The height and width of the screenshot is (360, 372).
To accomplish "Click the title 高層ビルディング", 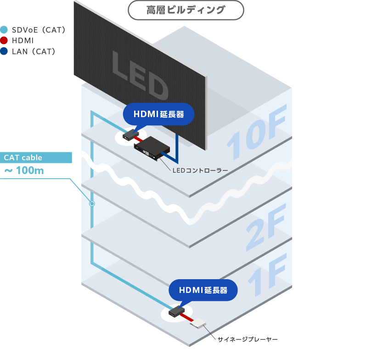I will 186,10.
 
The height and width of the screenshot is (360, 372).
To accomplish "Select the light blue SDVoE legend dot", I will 5,30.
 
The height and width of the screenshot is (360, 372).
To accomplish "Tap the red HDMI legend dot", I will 5,40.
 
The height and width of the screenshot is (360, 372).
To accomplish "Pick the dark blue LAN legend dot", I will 5,51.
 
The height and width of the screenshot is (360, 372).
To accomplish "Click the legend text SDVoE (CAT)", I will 39,30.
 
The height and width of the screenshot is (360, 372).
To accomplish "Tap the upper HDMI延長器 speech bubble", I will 158,114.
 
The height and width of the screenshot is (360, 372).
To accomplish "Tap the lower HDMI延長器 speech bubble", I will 203,290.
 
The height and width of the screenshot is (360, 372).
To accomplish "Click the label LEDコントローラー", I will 200,171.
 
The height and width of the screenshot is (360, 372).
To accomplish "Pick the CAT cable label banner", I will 36,157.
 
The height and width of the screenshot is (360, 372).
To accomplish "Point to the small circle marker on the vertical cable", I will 92,203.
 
